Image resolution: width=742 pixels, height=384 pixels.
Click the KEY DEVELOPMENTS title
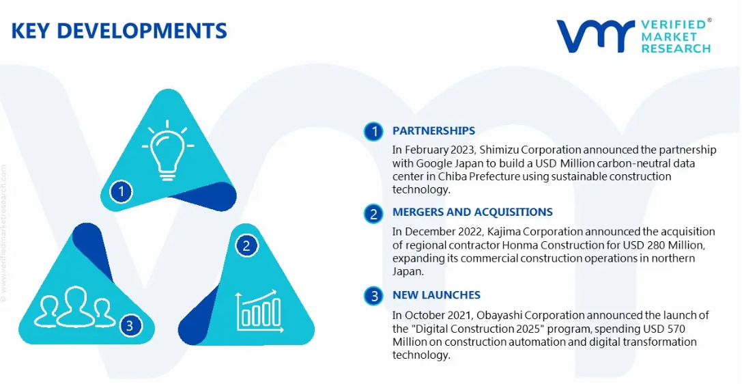(x=119, y=31)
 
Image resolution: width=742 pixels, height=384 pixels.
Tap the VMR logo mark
(x=595, y=36)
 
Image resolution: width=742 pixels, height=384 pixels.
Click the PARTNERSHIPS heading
(x=434, y=131)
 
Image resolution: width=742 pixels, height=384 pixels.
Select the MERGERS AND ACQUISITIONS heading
(x=472, y=212)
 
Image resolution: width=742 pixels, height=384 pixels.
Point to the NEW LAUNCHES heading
(x=436, y=295)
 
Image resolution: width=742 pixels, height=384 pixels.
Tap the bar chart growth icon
(x=259, y=311)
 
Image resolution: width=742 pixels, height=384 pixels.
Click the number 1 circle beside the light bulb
(x=122, y=192)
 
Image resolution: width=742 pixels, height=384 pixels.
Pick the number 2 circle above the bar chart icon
(x=246, y=246)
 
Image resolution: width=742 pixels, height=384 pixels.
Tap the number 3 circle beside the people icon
(x=130, y=325)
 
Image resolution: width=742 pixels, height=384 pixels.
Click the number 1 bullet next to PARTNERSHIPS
(x=374, y=131)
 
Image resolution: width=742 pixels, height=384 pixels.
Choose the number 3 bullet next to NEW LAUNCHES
(x=374, y=296)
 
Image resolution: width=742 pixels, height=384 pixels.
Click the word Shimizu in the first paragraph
(x=496, y=150)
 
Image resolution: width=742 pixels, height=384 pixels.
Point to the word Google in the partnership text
(x=434, y=163)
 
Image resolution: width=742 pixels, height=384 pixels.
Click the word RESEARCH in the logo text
(x=676, y=49)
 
